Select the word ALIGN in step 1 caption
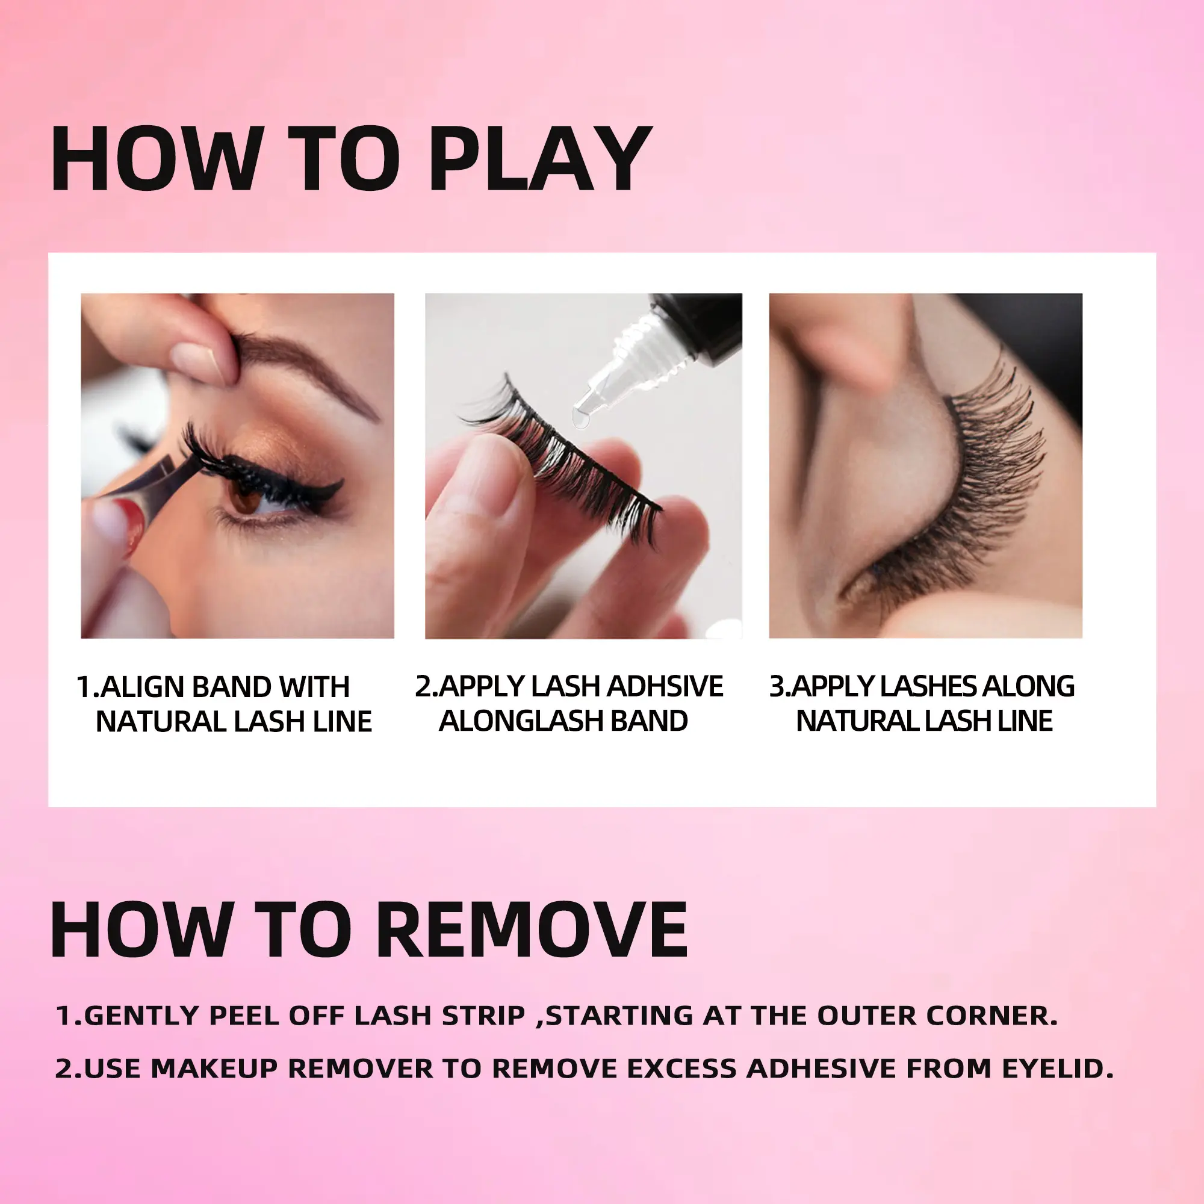tap(142, 687)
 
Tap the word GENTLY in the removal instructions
tap(141, 1016)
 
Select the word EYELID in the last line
tap(1058, 1069)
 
